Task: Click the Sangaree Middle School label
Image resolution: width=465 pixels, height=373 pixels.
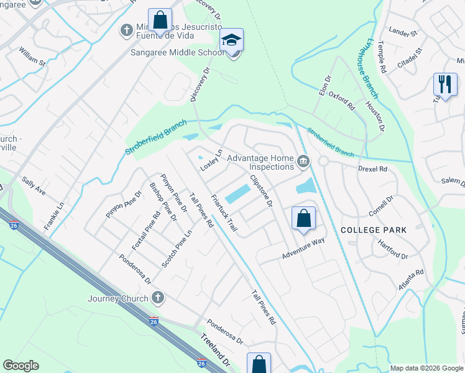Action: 177,53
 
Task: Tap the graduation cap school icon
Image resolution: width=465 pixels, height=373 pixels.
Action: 232,40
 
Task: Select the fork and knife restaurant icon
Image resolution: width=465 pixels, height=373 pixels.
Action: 444,85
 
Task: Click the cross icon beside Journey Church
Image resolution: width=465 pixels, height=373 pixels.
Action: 158,298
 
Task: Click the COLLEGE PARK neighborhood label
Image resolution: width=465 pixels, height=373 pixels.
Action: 374,230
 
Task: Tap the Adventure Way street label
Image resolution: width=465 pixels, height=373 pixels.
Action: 303,248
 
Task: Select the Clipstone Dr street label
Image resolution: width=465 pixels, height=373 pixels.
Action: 261,191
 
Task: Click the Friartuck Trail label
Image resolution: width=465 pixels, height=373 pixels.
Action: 224,213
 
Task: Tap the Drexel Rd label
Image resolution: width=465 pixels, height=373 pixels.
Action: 373,168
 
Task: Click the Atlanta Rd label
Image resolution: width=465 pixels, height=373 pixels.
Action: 411,280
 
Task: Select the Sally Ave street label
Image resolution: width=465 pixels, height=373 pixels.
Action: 34,186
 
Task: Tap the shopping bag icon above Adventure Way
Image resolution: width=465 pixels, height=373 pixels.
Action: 303,219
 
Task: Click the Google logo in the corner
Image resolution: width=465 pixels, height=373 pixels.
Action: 21,366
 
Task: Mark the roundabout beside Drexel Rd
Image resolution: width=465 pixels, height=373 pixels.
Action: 323,161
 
